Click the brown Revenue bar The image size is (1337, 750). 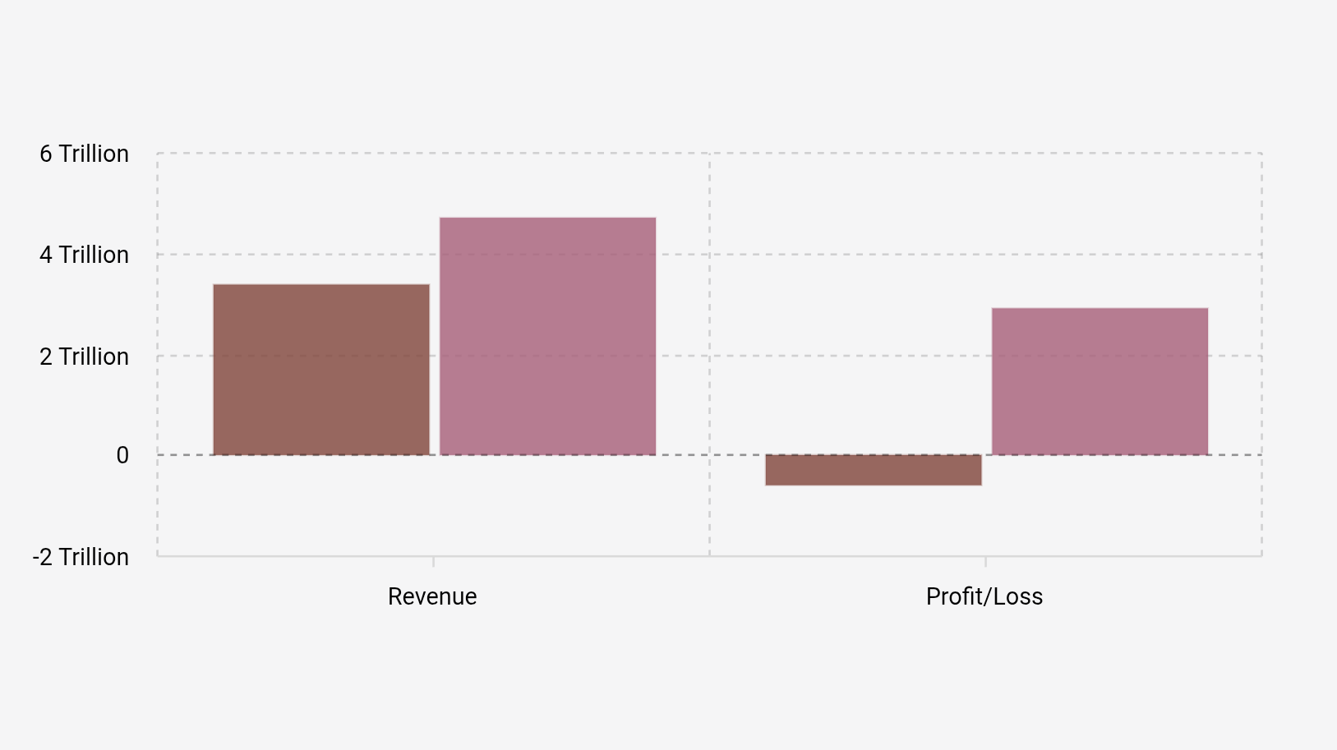[x=321, y=370]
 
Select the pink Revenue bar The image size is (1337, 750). [x=547, y=336]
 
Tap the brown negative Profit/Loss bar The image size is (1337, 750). [x=873, y=470]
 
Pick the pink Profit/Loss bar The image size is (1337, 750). [x=1100, y=381]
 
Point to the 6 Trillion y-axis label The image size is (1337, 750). [x=84, y=154]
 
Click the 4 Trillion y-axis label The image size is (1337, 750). [x=84, y=255]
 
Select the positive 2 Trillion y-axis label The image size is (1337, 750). [x=84, y=357]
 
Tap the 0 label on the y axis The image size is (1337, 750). [x=122, y=455]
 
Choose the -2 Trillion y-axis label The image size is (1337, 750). [x=81, y=557]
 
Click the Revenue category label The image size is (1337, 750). [x=432, y=596]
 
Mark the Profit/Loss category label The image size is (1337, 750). [x=984, y=596]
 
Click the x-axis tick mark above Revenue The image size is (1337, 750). [x=434, y=562]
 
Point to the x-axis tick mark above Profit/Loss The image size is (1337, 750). [x=986, y=562]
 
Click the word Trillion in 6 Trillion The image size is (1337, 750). [x=94, y=154]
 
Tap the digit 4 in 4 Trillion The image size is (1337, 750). [x=46, y=255]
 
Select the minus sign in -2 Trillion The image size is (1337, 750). [x=36, y=557]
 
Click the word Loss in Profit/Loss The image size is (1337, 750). [x=1019, y=596]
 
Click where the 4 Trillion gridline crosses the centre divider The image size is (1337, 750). [x=710, y=255]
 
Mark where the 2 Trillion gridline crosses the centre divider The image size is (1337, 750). [x=710, y=356]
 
